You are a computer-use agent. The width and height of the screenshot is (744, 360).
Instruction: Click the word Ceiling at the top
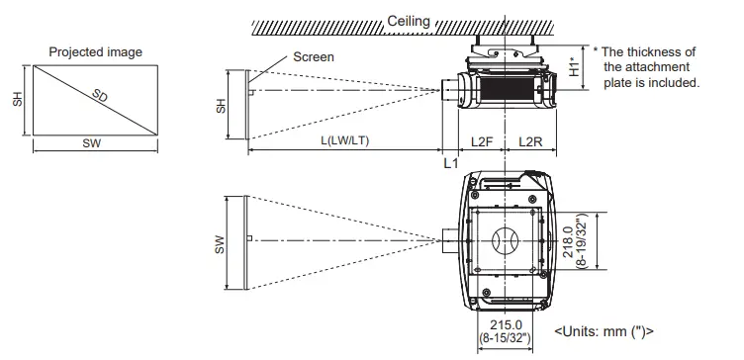[x=409, y=22]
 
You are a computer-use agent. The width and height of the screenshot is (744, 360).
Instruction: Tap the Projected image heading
[x=95, y=51]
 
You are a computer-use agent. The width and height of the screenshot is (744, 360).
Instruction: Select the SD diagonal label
[x=100, y=96]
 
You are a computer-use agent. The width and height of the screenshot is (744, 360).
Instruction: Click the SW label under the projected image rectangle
[x=92, y=143]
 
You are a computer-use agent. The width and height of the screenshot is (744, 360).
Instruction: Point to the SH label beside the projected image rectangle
[x=18, y=99]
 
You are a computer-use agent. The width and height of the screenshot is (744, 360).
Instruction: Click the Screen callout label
[x=314, y=57]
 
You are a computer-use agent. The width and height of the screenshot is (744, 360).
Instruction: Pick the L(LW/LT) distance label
[x=345, y=140]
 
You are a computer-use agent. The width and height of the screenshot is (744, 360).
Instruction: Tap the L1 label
[x=451, y=163]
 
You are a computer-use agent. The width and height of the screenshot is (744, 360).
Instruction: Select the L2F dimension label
[x=482, y=141]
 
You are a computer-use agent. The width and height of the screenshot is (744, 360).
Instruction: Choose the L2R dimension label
[x=530, y=141]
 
